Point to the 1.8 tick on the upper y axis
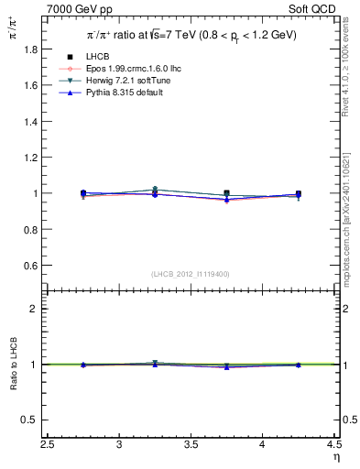tap(31, 49)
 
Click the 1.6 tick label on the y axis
tap(31, 85)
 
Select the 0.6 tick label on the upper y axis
tap(31, 266)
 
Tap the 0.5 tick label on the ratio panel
tap(31, 420)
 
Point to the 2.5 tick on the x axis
tap(49, 444)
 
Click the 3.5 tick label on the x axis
tap(191, 444)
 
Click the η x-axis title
tap(336, 456)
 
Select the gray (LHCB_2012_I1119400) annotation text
tap(191, 274)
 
